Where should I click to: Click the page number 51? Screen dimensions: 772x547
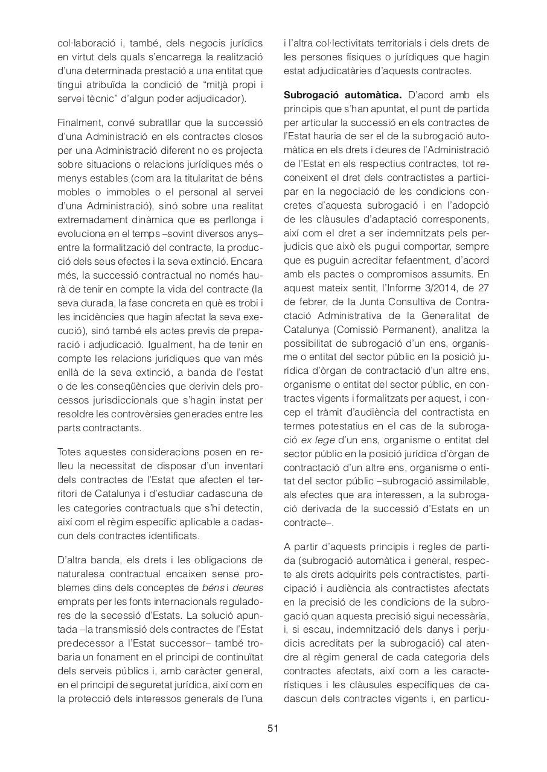[x=273, y=729]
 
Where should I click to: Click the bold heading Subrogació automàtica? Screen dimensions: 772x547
[x=342, y=95]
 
